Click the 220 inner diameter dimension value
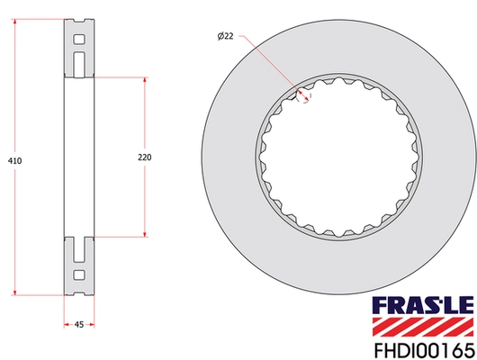[144, 157]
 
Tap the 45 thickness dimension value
[79, 326]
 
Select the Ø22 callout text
[227, 35]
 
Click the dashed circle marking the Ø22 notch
[305, 94]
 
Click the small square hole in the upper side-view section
[78, 40]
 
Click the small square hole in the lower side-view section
[78, 274]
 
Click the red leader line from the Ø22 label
[270, 62]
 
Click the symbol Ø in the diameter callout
[220, 35]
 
